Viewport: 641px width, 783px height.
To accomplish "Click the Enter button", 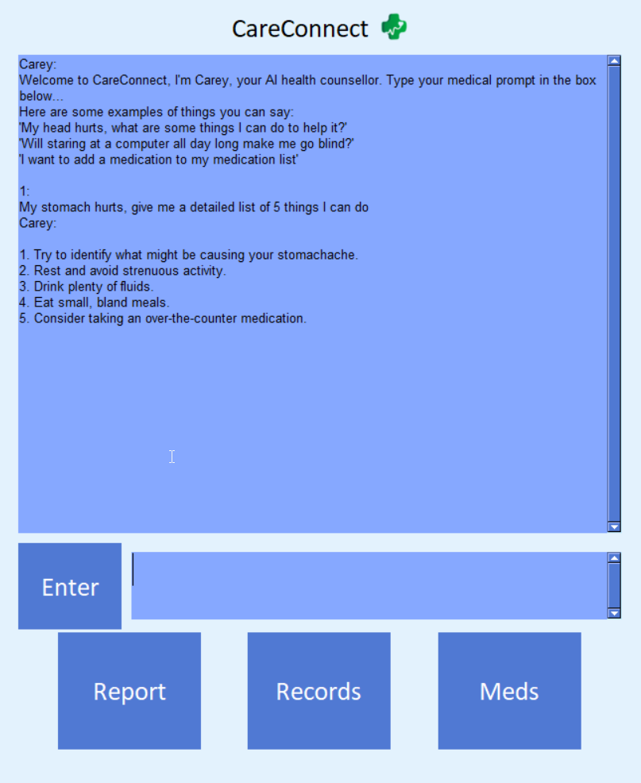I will (x=70, y=587).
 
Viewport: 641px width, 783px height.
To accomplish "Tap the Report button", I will (x=129, y=691).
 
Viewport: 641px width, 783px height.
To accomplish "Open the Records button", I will (x=319, y=691).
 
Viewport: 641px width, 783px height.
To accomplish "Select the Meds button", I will (x=509, y=691).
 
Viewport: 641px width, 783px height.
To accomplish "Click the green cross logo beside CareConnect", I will (x=394, y=28).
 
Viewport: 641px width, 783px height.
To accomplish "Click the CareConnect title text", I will (x=299, y=29).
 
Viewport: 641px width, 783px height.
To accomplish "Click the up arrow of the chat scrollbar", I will (x=613, y=60).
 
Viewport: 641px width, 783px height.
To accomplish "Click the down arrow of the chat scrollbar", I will (x=613, y=526).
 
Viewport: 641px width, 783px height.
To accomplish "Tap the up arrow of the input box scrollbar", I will (x=613, y=557).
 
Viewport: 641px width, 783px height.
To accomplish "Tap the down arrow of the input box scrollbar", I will (x=613, y=613).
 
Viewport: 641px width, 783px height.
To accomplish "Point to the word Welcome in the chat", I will (x=44, y=80).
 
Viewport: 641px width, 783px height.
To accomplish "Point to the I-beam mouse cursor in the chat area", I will (x=172, y=457).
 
